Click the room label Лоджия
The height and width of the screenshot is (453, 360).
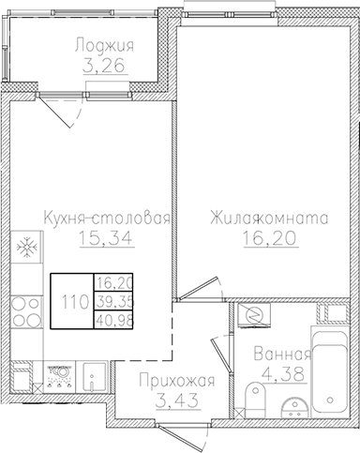point(104,46)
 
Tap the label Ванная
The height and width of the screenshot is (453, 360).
point(281,355)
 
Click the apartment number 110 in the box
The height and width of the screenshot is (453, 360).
point(72,301)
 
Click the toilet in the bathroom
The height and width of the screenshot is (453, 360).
point(256,398)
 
